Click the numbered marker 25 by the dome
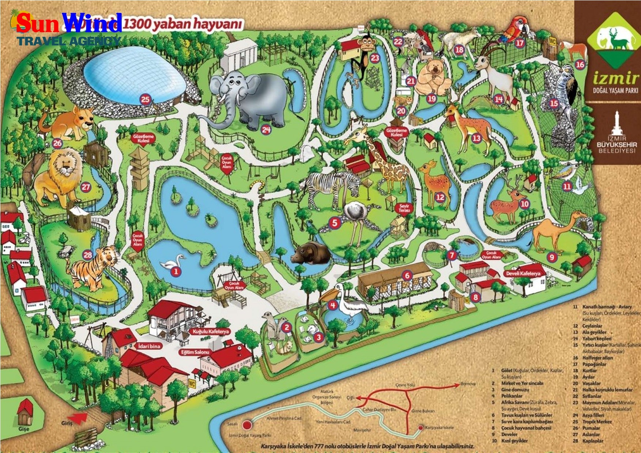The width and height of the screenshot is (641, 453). tap(145, 99)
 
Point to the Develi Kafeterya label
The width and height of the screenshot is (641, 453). tap(525, 273)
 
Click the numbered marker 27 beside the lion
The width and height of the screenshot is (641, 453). tap(86, 187)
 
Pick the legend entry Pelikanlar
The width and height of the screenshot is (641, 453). tap(512, 396)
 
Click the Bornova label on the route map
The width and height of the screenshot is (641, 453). tap(468, 384)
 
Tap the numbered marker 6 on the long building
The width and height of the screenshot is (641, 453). tap(407, 275)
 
